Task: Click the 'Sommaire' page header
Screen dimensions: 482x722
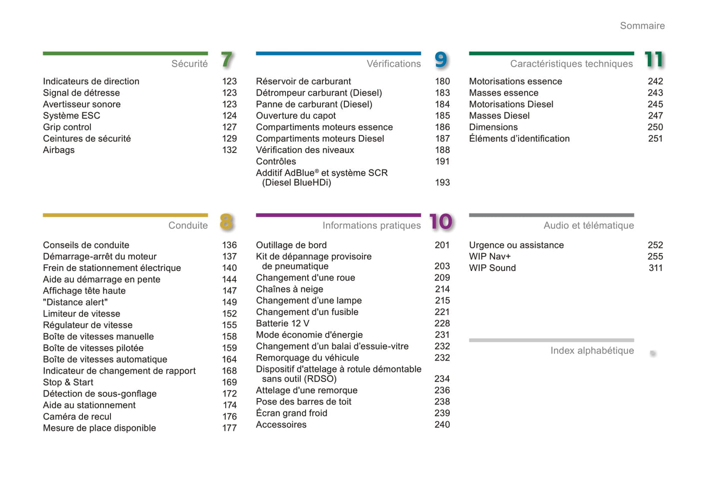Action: click(642, 26)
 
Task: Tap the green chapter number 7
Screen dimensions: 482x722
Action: click(227, 60)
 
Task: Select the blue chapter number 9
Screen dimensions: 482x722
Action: click(441, 60)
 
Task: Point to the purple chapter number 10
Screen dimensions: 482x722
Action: click(441, 222)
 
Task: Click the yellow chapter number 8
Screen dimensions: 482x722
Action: click(226, 222)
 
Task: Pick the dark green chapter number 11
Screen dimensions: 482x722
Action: click(654, 60)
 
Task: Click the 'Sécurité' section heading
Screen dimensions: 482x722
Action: click(189, 64)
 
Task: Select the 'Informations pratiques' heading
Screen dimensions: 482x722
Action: click(371, 226)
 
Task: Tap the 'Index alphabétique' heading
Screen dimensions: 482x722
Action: click(592, 351)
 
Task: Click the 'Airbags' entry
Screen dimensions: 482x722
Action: click(59, 150)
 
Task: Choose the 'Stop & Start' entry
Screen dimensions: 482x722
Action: click(68, 382)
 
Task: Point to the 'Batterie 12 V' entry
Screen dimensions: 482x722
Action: click(282, 323)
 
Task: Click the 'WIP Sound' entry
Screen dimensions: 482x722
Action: click(492, 268)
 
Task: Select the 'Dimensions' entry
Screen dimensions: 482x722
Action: click(493, 127)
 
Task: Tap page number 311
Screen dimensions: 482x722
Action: click(655, 268)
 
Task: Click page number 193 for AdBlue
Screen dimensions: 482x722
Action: click(442, 183)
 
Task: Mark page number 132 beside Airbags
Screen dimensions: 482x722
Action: click(229, 150)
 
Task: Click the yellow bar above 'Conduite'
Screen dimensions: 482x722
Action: click(125, 215)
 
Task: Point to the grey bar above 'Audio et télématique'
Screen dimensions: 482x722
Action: click(551, 215)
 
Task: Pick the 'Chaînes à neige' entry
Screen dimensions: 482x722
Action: click(289, 289)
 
